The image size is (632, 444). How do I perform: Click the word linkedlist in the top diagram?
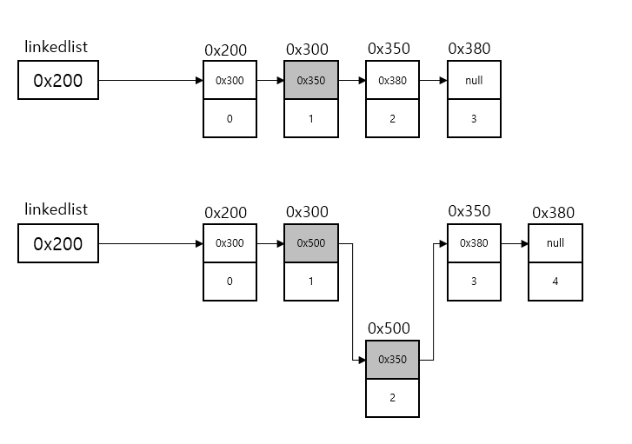pyautogui.click(x=57, y=47)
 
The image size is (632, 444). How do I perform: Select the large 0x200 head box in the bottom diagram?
pyautogui.click(x=58, y=243)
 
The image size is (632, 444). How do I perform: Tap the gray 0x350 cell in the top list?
pyautogui.click(x=310, y=81)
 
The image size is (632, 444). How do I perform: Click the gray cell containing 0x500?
pyautogui.click(x=310, y=243)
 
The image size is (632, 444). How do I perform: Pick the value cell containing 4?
pyautogui.click(x=555, y=282)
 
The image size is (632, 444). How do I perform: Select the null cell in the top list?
pyautogui.click(x=474, y=81)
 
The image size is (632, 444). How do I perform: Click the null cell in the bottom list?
pyautogui.click(x=555, y=243)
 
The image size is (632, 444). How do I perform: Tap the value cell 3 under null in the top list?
pyautogui.click(x=474, y=119)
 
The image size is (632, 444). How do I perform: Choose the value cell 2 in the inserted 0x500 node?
pyautogui.click(x=392, y=397)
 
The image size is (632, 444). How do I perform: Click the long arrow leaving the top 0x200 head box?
pyautogui.click(x=148, y=81)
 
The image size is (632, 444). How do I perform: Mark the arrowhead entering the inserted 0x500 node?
pyautogui.click(x=360, y=359)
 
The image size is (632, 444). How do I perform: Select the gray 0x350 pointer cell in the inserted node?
pyautogui.click(x=392, y=359)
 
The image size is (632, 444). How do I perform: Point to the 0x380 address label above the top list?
pyautogui.click(x=469, y=49)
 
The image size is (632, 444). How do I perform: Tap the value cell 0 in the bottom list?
pyautogui.click(x=230, y=282)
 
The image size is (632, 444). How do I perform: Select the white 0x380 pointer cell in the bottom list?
pyautogui.click(x=474, y=243)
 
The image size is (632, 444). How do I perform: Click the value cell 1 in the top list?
pyautogui.click(x=310, y=119)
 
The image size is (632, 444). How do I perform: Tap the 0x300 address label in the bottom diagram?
pyautogui.click(x=306, y=212)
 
